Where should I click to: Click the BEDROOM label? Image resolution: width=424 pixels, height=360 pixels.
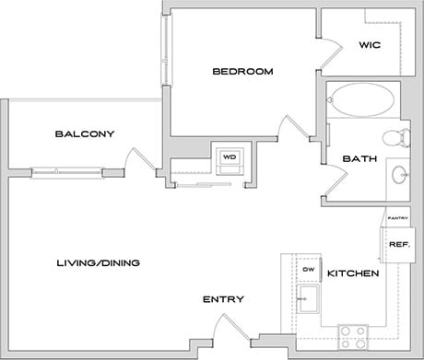[x=242, y=72]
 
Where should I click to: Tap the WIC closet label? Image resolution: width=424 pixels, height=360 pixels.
[x=370, y=45]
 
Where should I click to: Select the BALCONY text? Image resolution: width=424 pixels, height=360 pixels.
[x=84, y=134]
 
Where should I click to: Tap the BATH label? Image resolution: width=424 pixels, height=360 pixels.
[x=358, y=158]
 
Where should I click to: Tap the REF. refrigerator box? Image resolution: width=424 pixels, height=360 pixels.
[x=398, y=244]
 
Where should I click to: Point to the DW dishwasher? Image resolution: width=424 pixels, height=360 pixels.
[x=309, y=270]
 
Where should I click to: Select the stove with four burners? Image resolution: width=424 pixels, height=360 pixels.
[x=352, y=333]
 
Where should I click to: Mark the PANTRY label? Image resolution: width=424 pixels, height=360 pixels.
[x=398, y=218]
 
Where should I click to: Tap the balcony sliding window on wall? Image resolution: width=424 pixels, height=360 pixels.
[x=66, y=170]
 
